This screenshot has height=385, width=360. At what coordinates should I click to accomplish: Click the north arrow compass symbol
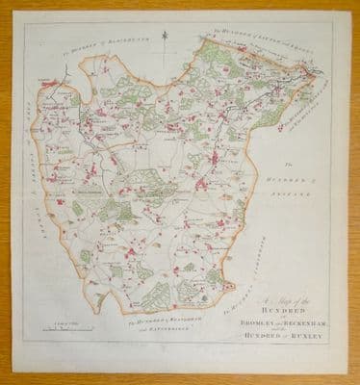click(x=165, y=39)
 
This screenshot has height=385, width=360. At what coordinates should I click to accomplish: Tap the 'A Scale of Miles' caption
click(x=43, y=325)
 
